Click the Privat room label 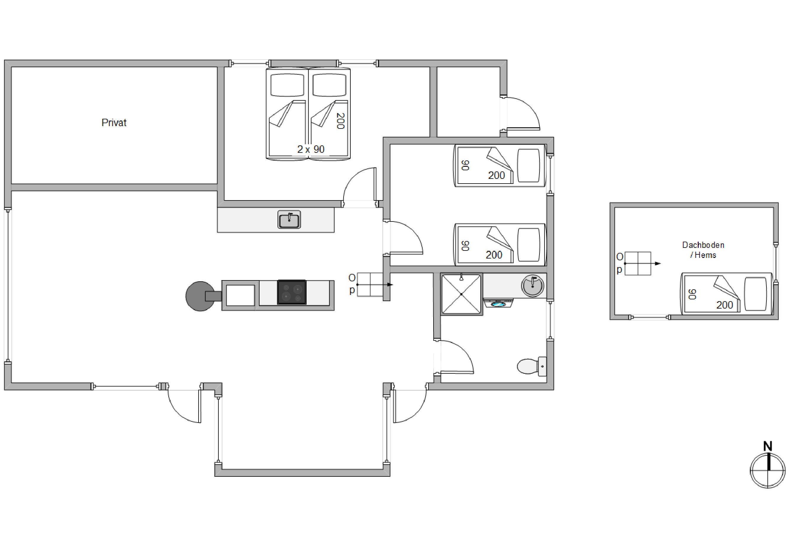pos(114,123)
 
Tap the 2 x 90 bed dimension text pos(311,149)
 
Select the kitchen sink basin pos(289,220)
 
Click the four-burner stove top pos(292,292)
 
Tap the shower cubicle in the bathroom pos(461,294)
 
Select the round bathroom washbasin pos(533,285)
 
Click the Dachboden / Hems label pos(703,250)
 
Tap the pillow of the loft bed pos(755,294)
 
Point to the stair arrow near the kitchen pos(375,285)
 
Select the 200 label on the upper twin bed pos(496,175)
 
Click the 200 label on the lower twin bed pos(494,255)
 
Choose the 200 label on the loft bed pos(725,305)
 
